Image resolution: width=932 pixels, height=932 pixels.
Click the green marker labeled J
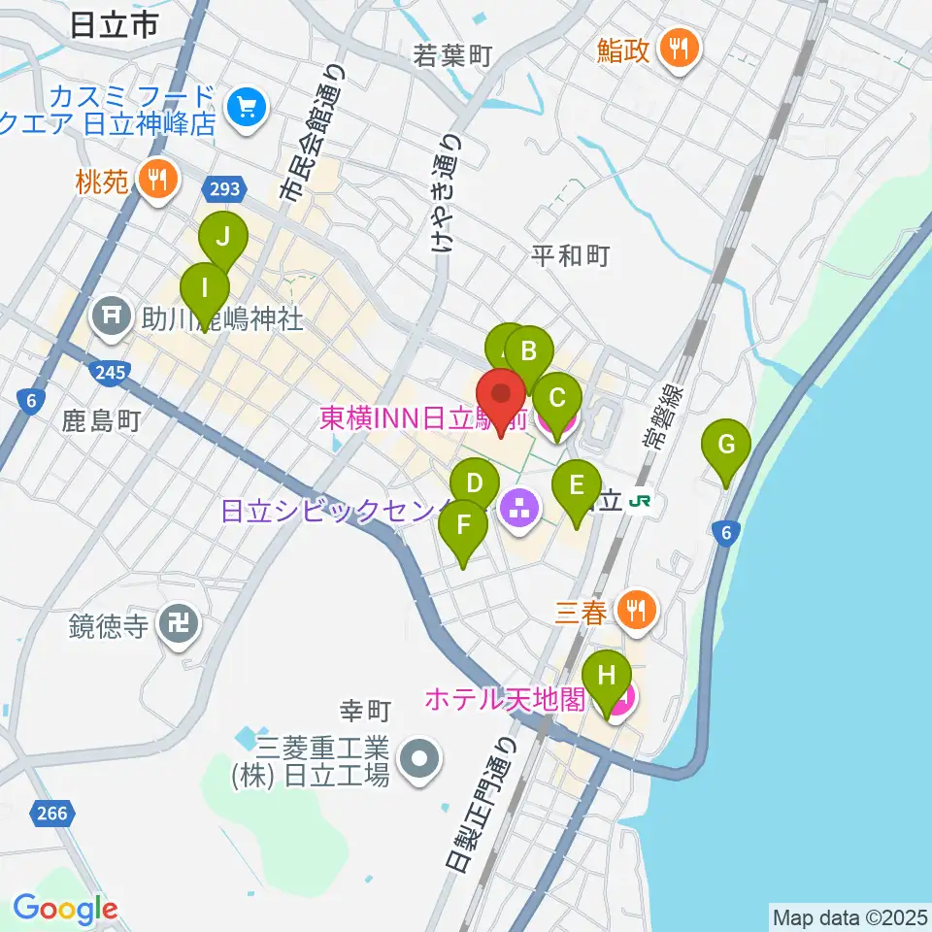(223, 236)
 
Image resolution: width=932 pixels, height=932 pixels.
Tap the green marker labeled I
(205, 288)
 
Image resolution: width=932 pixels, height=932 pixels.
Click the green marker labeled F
(463, 528)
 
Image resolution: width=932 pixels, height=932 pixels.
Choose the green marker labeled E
(576, 484)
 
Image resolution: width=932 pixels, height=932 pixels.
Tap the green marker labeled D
(474, 483)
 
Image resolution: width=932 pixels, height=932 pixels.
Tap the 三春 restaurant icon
(637, 609)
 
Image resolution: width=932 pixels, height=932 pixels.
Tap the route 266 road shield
(52, 812)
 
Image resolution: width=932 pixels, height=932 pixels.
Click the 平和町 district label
(571, 256)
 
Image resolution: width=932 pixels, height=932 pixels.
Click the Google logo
(65, 909)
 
